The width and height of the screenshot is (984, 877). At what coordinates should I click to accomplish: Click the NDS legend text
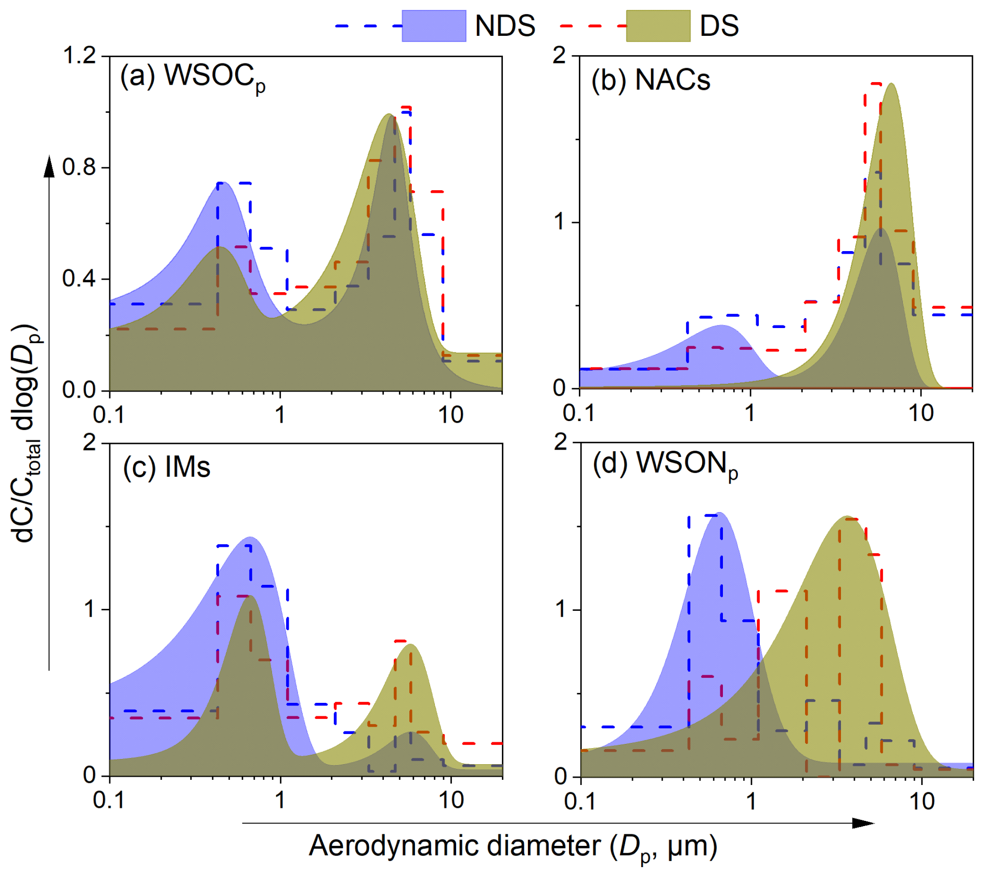click(504, 25)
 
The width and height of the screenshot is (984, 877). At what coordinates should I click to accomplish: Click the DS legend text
click(719, 25)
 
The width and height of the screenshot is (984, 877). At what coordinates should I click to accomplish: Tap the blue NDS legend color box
click(434, 25)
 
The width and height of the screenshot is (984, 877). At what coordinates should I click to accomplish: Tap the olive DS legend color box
click(658, 25)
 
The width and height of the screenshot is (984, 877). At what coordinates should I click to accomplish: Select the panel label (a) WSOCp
click(192, 77)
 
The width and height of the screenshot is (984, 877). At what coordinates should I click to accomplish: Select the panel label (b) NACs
click(651, 80)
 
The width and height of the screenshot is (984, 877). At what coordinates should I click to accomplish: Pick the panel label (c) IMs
click(166, 466)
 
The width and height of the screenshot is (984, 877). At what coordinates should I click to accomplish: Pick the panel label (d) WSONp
click(665, 464)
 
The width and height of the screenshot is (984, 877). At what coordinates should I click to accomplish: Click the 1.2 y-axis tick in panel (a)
click(79, 56)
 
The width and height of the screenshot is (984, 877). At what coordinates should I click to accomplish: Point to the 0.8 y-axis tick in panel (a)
click(79, 167)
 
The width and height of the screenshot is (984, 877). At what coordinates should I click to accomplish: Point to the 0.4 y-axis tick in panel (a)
click(79, 279)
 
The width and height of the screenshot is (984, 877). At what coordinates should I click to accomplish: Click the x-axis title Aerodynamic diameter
click(513, 846)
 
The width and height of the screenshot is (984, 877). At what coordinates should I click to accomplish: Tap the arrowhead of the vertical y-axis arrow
click(49, 166)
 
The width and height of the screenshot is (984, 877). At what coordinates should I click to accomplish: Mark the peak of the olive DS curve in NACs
click(891, 84)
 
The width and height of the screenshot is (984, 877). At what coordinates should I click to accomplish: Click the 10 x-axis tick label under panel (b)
click(921, 413)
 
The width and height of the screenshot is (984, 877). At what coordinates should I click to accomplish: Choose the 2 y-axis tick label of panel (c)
click(90, 443)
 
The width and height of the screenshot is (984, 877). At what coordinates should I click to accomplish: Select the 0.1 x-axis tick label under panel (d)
click(580, 801)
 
